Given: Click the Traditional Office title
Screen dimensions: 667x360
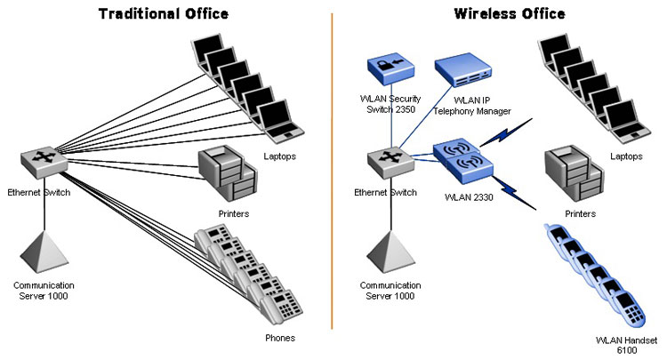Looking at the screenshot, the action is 164,13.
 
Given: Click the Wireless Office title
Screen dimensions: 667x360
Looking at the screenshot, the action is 510,13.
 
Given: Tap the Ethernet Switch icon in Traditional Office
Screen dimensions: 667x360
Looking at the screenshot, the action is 44,162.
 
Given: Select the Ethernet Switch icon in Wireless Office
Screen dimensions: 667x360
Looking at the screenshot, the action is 390,162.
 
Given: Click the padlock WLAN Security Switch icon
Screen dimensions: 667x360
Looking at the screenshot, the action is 390,70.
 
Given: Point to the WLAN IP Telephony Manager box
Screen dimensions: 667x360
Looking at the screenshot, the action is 463,69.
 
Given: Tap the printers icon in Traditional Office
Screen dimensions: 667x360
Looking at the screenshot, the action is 228,173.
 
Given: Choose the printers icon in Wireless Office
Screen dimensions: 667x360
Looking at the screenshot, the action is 575,173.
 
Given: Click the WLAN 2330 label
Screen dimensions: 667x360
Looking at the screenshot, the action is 469,197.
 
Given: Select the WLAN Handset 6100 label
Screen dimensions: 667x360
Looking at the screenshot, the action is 627,345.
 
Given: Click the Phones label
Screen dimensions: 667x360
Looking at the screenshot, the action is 280,338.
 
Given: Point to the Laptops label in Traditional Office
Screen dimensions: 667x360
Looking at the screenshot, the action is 279,156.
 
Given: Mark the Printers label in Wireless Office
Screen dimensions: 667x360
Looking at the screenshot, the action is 580,214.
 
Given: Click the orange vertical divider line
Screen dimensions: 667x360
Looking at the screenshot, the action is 332,171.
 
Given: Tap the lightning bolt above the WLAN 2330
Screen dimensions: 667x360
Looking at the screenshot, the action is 506,132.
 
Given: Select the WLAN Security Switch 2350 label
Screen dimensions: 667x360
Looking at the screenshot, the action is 390,104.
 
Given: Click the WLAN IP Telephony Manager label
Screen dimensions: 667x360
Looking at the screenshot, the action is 472,106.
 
